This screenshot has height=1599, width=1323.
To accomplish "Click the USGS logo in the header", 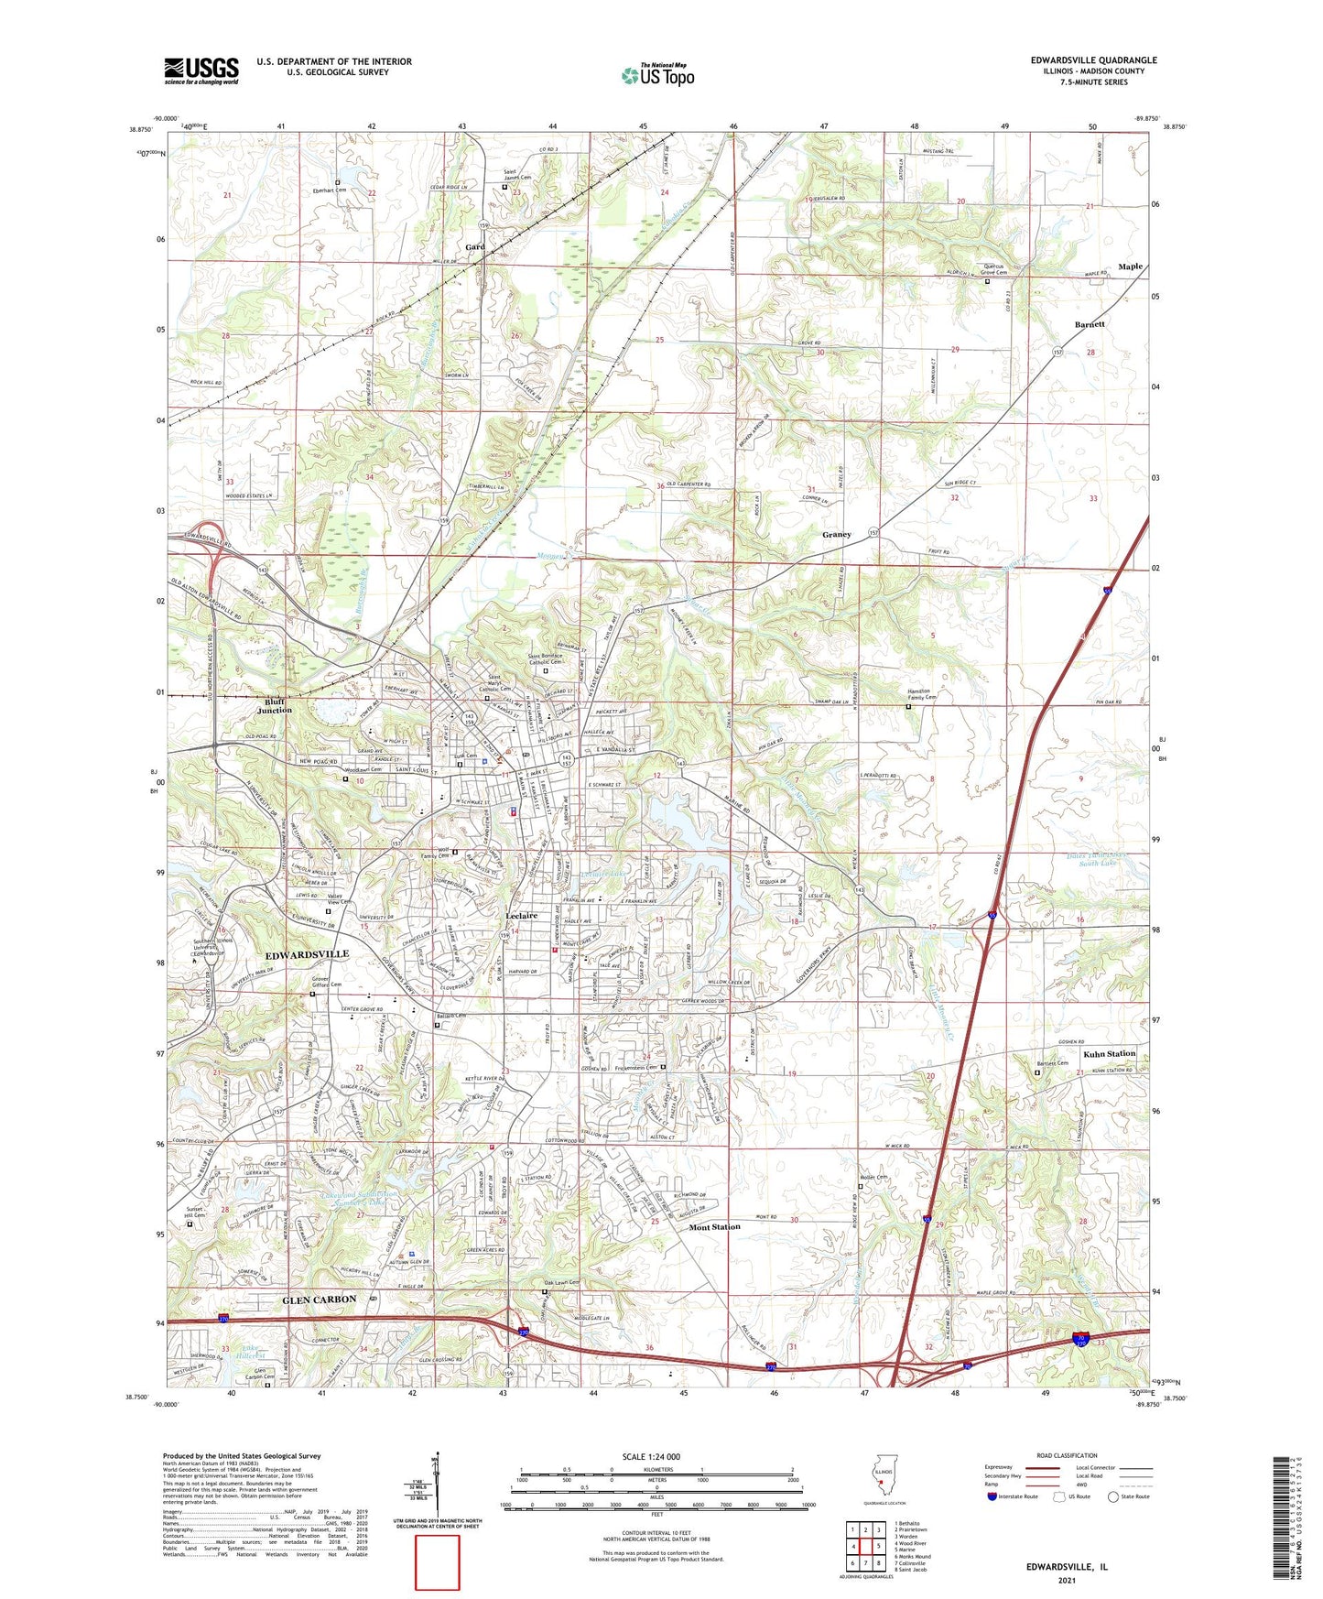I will point(201,70).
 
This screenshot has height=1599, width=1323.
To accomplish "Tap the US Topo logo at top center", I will point(657,74).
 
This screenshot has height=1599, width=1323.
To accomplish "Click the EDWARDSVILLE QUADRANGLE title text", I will point(1093,60).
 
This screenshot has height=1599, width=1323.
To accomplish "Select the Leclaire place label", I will point(521,915).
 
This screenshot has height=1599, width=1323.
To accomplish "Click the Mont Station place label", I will point(714,1226).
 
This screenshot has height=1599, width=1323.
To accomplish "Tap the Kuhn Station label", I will point(1109,1054).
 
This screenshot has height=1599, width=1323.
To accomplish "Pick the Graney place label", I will point(836,534).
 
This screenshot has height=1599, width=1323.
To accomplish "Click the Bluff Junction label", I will point(274,705).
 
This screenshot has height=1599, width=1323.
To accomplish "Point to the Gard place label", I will point(474,247).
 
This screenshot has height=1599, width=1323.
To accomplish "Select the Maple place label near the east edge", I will point(1130,266).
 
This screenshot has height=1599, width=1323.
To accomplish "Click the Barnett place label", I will point(1090,324).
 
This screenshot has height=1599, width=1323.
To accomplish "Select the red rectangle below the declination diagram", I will point(438,1562).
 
